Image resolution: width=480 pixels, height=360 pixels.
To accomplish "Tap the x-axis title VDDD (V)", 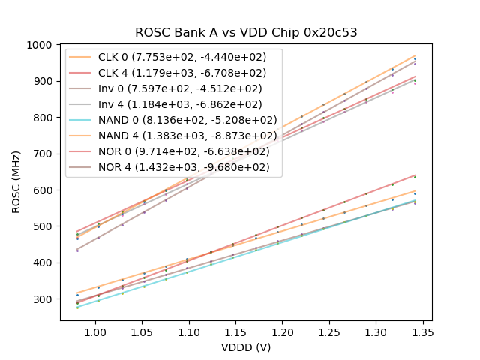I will pyautogui.click(x=246, y=347).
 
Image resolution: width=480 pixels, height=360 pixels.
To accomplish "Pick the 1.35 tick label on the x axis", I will pyautogui.click(x=423, y=331).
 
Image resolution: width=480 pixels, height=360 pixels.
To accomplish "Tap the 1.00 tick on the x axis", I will pyautogui.click(x=94, y=331).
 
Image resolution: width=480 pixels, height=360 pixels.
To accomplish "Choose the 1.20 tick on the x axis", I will pyautogui.click(x=282, y=331).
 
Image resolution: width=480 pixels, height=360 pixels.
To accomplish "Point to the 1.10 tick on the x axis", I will pyautogui.click(x=188, y=331).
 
